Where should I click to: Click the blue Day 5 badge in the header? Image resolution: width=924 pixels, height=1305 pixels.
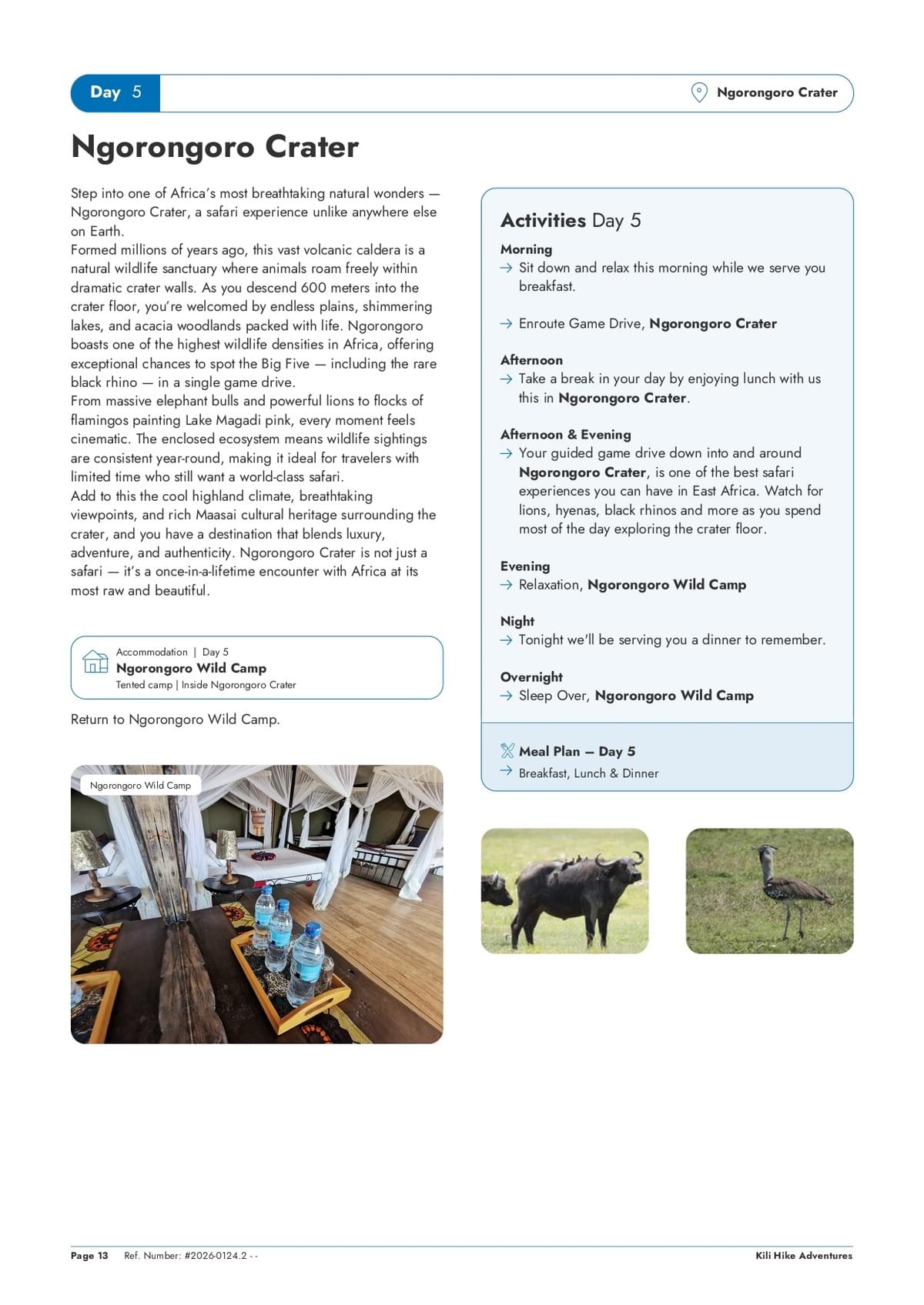115,93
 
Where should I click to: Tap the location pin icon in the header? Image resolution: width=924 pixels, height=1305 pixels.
698,93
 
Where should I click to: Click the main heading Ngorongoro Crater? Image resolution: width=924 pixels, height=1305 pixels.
215,147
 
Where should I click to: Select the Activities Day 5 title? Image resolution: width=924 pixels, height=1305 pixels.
570,221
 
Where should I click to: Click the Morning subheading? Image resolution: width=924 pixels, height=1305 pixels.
526,249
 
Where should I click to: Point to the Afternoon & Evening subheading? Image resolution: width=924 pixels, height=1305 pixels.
565,435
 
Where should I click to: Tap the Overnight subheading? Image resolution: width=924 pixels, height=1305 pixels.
531,677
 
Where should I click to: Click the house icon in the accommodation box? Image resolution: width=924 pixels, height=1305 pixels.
95,662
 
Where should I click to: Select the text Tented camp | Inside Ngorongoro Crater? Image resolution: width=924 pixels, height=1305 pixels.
206,685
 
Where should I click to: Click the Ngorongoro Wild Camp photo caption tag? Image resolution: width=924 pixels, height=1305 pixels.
140,786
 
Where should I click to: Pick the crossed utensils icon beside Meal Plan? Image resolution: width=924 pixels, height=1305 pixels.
507,751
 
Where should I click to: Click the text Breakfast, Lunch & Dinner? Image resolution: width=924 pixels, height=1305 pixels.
588,773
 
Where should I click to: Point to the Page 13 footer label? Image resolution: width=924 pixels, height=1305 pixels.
89,1256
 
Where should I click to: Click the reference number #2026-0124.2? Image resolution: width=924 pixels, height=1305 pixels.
216,1256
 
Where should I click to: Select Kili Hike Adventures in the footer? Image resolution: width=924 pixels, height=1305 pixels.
804,1256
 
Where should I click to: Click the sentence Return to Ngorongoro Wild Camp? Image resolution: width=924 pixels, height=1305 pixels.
175,719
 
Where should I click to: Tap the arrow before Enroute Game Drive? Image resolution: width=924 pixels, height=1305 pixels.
506,324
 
